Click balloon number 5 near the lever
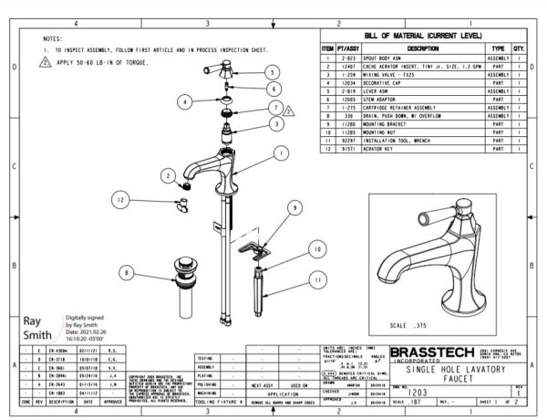(x=272, y=71)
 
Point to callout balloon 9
(x=295, y=208)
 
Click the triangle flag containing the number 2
(x=289, y=110)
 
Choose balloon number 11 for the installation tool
(x=318, y=279)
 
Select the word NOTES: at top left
(x=52, y=38)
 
